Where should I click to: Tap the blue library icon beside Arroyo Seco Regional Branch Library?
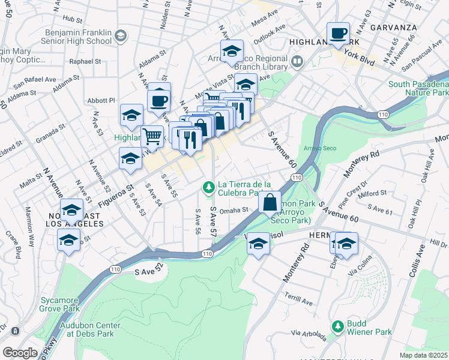pyautogui.click(x=297, y=62)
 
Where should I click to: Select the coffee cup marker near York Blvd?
pyautogui.click(x=338, y=34)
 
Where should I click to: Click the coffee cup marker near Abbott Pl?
pyautogui.click(x=159, y=101)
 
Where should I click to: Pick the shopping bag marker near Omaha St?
pyautogui.click(x=270, y=202)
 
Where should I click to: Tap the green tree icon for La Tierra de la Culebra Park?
pyautogui.click(x=209, y=188)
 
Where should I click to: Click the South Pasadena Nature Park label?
pyautogui.click(x=418, y=89)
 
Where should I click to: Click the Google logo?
pyautogui.click(x=20, y=353)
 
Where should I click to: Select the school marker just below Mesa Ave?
pyautogui.click(x=232, y=53)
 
